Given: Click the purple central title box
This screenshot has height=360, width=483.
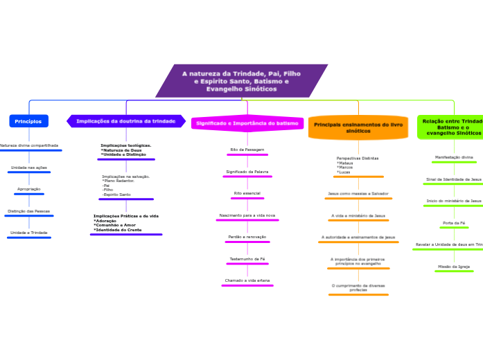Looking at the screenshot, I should (x=242, y=81).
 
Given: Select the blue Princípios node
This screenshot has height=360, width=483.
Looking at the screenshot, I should (x=28, y=121).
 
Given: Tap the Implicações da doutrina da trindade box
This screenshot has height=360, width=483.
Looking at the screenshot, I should (x=126, y=121).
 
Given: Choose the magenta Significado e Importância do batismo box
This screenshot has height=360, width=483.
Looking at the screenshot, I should (x=247, y=123).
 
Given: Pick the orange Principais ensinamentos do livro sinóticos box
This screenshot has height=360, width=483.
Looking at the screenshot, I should (x=358, y=127).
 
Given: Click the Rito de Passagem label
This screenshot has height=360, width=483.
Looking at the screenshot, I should (x=247, y=150).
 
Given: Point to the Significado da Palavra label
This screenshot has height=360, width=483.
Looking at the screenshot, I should (x=247, y=172).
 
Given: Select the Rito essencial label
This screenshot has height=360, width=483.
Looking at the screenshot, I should (x=247, y=193).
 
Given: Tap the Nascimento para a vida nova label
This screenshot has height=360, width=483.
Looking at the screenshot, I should (x=247, y=215).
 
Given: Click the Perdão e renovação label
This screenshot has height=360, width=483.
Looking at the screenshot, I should (x=247, y=237).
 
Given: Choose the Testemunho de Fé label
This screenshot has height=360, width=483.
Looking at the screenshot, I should (x=247, y=259).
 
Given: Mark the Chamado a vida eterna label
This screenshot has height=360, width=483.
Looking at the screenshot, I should (x=247, y=280).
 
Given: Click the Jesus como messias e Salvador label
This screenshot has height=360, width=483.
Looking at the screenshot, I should (x=358, y=193).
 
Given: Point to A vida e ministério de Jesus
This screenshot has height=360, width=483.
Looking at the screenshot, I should (x=358, y=215).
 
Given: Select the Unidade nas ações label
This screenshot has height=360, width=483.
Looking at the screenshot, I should (x=29, y=168).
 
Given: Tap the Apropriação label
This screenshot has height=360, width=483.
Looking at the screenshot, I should (x=29, y=189).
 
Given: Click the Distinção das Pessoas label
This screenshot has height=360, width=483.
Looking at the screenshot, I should (x=29, y=211).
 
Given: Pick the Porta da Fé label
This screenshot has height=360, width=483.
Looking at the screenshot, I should (x=454, y=223).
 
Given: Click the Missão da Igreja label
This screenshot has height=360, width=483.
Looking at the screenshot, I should (x=454, y=266).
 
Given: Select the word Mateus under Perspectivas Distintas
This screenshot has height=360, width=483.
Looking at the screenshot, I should (x=345, y=163).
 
